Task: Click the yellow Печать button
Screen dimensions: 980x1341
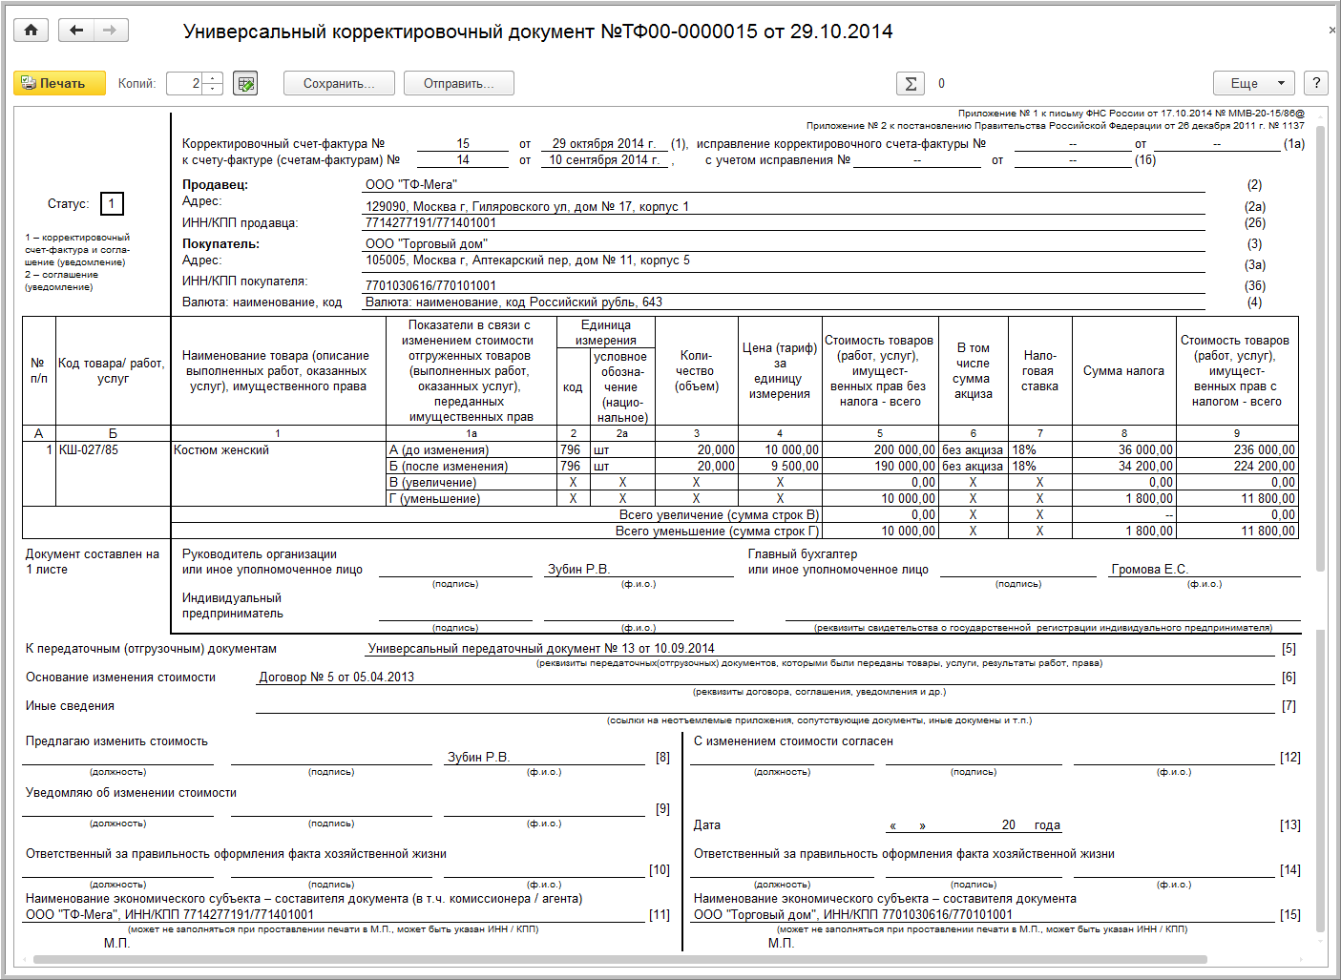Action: pos(52,84)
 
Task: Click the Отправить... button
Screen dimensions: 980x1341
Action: pos(458,84)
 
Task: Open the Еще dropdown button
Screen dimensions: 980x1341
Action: pos(1253,84)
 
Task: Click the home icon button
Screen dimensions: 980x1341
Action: pos(31,31)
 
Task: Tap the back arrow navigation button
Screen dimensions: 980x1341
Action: pos(76,31)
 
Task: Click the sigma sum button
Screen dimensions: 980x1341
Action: pos(911,84)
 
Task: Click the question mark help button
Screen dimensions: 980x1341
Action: pos(1316,83)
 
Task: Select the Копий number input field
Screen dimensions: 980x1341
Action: pos(186,84)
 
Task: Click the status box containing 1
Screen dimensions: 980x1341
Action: pos(112,203)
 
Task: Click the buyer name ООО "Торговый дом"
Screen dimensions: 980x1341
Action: pos(427,243)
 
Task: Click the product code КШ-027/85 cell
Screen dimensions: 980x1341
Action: pos(89,449)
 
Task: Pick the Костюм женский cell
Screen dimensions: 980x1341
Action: pos(221,449)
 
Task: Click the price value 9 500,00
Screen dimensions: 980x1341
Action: pos(794,466)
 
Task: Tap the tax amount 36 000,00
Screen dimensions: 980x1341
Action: pos(1145,449)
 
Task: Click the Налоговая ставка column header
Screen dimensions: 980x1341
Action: pos(1039,370)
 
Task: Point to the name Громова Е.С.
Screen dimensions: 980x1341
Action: pos(1149,570)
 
